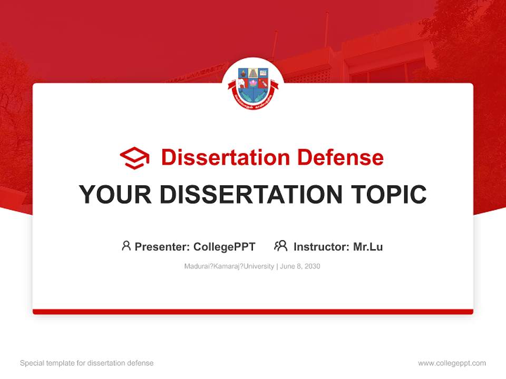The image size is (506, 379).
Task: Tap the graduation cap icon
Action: (x=134, y=158)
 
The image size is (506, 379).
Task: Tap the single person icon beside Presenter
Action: (x=126, y=246)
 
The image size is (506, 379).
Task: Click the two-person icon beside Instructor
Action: (x=280, y=246)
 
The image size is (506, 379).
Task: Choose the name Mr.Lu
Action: (x=368, y=246)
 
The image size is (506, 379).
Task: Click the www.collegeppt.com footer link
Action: (x=452, y=363)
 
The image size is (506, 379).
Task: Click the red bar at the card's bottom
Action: (x=253, y=312)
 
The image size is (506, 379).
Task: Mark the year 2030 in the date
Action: (x=312, y=266)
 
